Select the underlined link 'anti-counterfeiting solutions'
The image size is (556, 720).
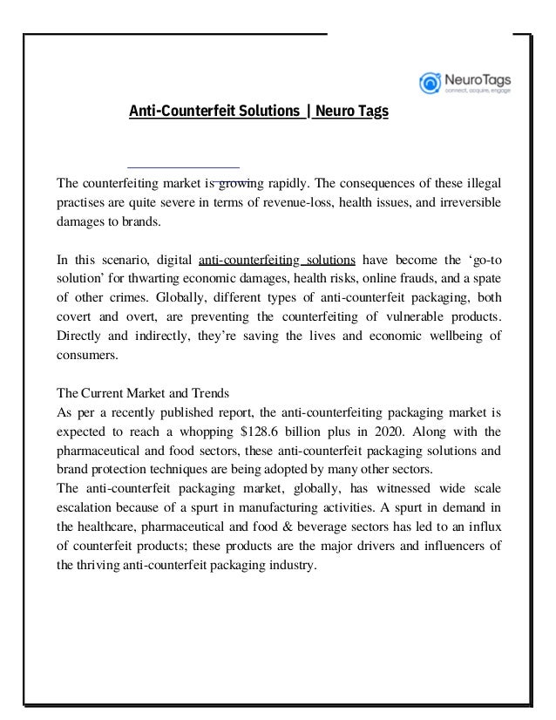(276, 260)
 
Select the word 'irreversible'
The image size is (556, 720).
(470, 204)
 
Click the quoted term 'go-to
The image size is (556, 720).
(484, 260)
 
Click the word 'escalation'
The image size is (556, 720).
(85, 507)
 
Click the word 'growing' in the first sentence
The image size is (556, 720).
(235, 184)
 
